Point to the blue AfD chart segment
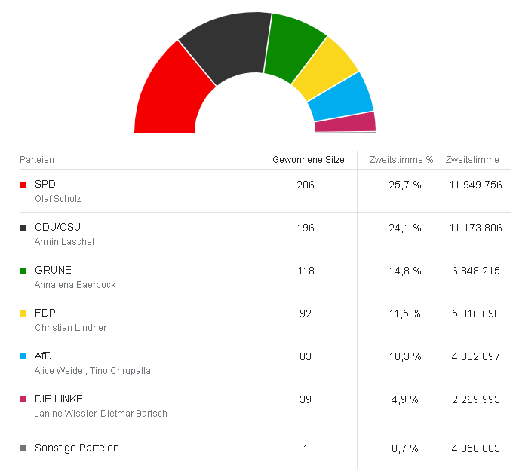click(341, 99)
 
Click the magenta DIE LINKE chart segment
click(345, 122)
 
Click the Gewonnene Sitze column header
click(308, 160)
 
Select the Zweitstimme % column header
click(401, 160)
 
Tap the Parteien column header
click(37, 160)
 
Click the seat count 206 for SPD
click(306, 185)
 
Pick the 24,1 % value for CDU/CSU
click(405, 228)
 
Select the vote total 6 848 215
click(475, 271)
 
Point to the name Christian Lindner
click(71, 328)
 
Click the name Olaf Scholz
click(57, 199)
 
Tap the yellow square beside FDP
click(23, 313)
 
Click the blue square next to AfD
click(23, 356)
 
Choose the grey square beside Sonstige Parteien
click(23, 448)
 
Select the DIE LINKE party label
click(59, 399)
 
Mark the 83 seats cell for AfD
click(306, 356)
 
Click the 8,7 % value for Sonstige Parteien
click(405, 448)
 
